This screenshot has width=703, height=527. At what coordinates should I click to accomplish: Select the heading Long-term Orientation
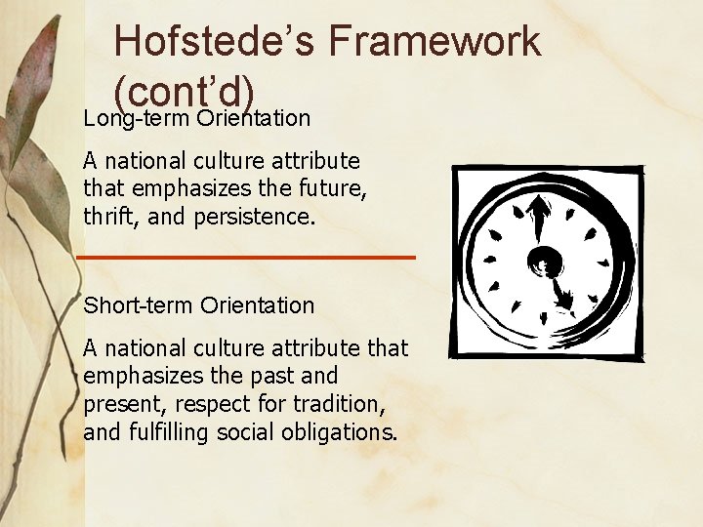coord(197,119)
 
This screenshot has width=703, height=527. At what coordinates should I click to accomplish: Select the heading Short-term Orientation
coord(199,305)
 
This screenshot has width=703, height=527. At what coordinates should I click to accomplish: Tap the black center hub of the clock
coord(543,261)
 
